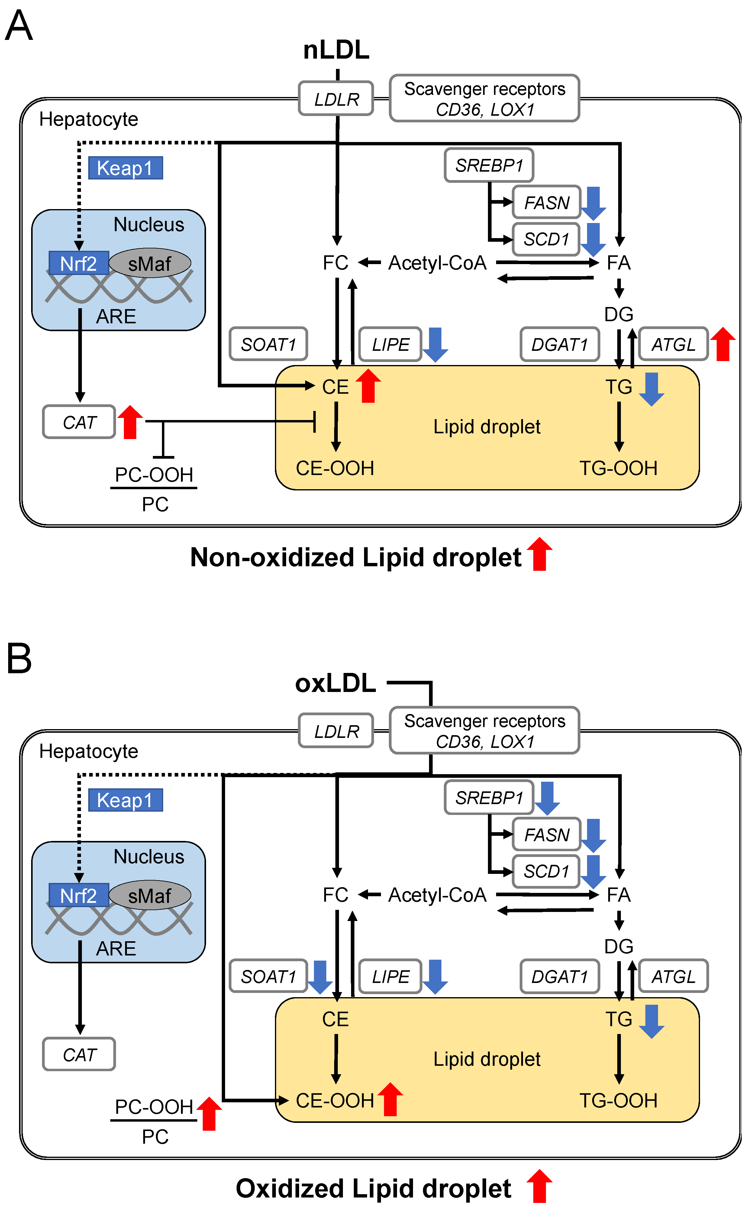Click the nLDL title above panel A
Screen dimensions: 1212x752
click(x=336, y=50)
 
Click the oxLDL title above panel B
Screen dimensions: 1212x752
click(x=335, y=683)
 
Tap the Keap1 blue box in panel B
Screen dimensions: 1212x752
click(x=125, y=800)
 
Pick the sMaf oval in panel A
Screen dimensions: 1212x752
click(x=150, y=263)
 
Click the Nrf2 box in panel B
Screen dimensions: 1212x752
click(x=79, y=896)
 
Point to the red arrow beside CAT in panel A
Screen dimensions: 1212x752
click(x=130, y=422)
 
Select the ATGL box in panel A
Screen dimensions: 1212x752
click(x=673, y=344)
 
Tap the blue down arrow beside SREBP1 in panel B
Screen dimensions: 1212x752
click(x=547, y=798)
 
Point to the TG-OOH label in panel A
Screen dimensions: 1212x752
click(x=618, y=468)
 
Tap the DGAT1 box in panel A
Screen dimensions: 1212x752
click(x=560, y=344)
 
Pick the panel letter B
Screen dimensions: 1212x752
click(x=19, y=658)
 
